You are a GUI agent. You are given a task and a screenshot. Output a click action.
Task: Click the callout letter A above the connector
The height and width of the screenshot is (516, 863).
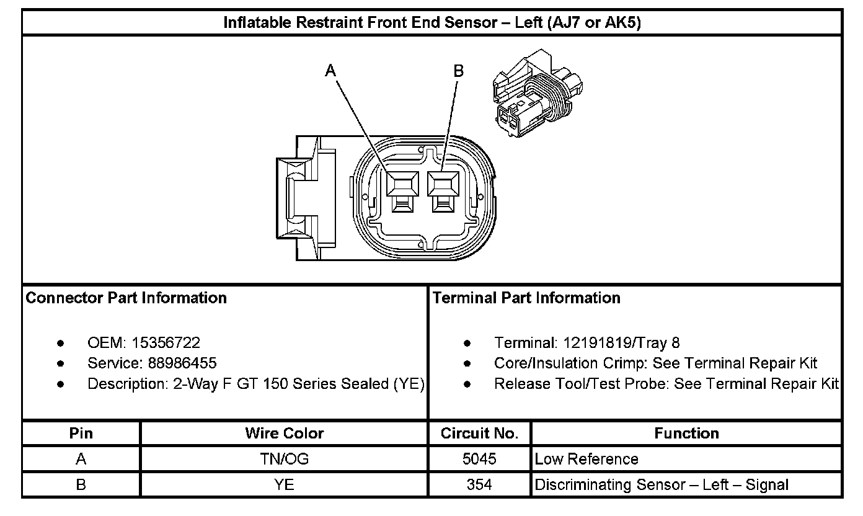pyautogui.click(x=331, y=71)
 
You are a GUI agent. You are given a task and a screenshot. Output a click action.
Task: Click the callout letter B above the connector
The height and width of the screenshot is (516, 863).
pyautogui.click(x=458, y=71)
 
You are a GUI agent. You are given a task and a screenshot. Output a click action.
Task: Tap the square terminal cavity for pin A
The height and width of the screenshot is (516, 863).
pyautogui.click(x=402, y=185)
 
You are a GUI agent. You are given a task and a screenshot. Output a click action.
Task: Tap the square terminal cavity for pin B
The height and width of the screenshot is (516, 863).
pyautogui.click(x=443, y=185)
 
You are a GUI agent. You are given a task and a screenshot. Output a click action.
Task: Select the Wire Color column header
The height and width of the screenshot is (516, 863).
pyautogui.click(x=285, y=433)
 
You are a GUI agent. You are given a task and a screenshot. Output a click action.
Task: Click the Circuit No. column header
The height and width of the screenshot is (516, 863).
pyautogui.click(x=479, y=433)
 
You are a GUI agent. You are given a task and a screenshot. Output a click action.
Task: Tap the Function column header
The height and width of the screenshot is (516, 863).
pyautogui.click(x=686, y=433)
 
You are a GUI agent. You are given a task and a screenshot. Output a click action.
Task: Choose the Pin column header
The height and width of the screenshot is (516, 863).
pyautogui.click(x=81, y=433)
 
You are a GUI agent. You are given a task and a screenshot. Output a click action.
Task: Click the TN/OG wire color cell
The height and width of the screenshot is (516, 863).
pyautogui.click(x=285, y=459)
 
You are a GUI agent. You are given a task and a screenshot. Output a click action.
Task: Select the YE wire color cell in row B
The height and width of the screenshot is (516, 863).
pyautogui.click(x=285, y=484)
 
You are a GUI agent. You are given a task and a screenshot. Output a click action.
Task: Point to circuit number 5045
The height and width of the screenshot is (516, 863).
pyautogui.click(x=479, y=459)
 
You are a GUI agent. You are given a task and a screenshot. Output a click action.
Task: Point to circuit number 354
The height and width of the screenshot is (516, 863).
pyautogui.click(x=479, y=484)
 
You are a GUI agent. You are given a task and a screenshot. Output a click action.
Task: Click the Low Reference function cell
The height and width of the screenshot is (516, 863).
pyautogui.click(x=586, y=459)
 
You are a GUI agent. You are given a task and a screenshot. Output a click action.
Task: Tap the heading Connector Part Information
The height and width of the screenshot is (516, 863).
pyautogui.click(x=126, y=298)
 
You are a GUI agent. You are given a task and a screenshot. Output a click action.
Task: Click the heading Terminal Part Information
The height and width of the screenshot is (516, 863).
pyautogui.click(x=526, y=298)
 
